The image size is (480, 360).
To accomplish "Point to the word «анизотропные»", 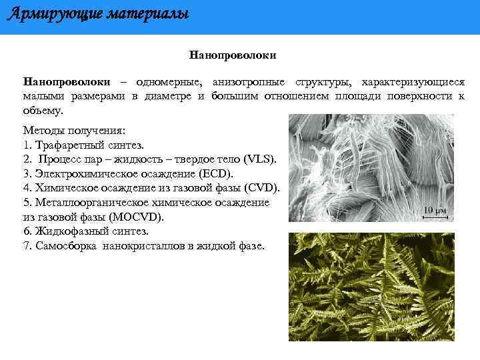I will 249,82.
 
